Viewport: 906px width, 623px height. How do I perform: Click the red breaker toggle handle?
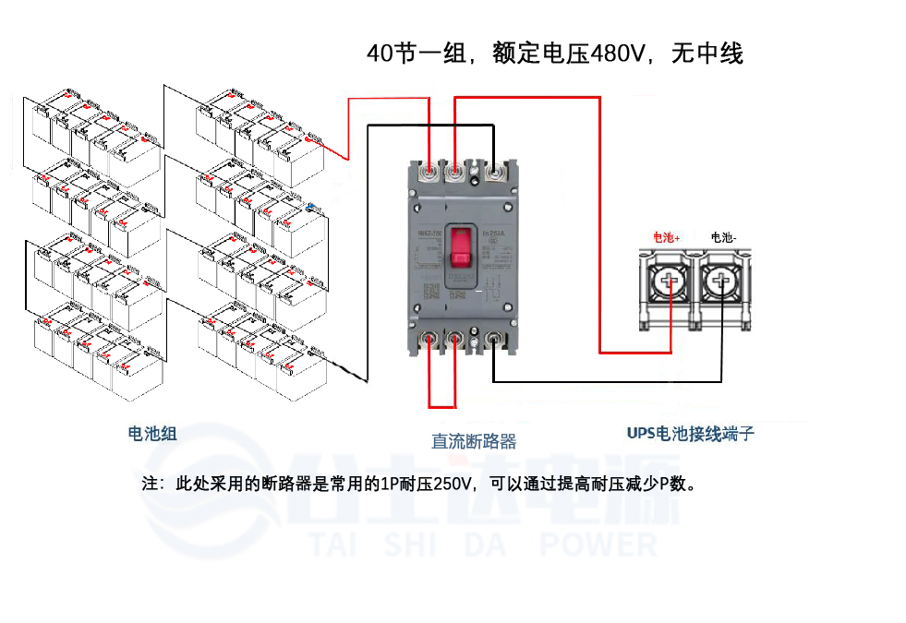(x=461, y=255)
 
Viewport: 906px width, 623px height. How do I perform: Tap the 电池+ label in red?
(x=666, y=237)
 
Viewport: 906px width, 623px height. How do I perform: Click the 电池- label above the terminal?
(x=723, y=237)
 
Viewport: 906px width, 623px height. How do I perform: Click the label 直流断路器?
(x=474, y=441)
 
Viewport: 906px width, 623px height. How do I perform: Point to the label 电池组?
(x=151, y=432)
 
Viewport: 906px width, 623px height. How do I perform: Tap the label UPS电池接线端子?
(x=690, y=432)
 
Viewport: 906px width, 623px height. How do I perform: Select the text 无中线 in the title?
(x=707, y=54)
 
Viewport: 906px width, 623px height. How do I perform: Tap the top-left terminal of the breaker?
(x=430, y=171)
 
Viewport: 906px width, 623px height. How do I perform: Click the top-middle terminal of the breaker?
(x=454, y=171)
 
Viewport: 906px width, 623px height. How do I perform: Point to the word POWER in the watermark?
(x=598, y=545)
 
